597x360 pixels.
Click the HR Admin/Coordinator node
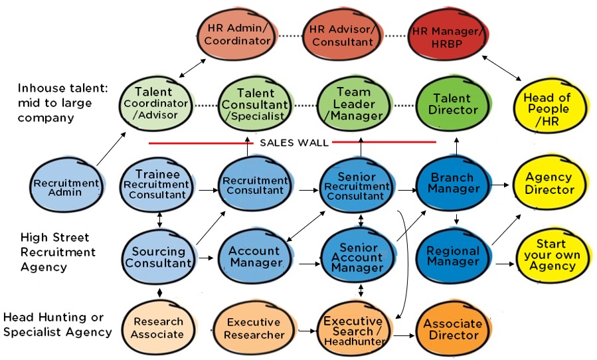coord(237,34)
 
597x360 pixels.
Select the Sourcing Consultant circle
coord(158,257)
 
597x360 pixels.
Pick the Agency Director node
coord(549,183)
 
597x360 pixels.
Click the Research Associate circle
coord(158,327)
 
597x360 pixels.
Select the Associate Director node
coord(454,329)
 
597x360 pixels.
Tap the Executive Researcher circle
coord(254,328)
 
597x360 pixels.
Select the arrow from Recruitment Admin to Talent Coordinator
coord(110,148)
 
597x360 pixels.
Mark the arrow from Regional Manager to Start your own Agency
coord(503,264)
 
